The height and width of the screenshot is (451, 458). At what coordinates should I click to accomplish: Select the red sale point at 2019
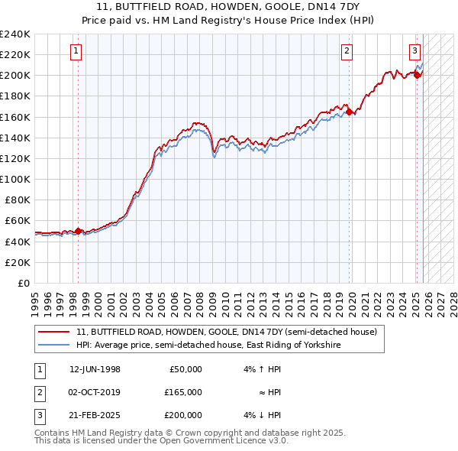[350, 112]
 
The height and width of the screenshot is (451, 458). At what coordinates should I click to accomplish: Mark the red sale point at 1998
[78, 231]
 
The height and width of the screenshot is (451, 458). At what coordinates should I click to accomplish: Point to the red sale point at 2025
[418, 75]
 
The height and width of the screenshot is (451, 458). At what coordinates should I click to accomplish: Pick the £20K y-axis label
[18, 262]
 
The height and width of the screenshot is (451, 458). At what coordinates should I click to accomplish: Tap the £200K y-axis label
[15, 75]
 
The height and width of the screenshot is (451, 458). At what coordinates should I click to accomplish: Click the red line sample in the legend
[54, 333]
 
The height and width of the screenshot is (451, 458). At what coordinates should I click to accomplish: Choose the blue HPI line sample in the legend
[54, 346]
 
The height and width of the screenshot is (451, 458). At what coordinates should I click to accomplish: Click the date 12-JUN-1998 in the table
[95, 369]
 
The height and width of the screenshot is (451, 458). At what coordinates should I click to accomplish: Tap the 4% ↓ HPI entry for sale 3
[263, 415]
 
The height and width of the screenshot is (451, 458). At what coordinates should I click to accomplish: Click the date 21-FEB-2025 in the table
[95, 415]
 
